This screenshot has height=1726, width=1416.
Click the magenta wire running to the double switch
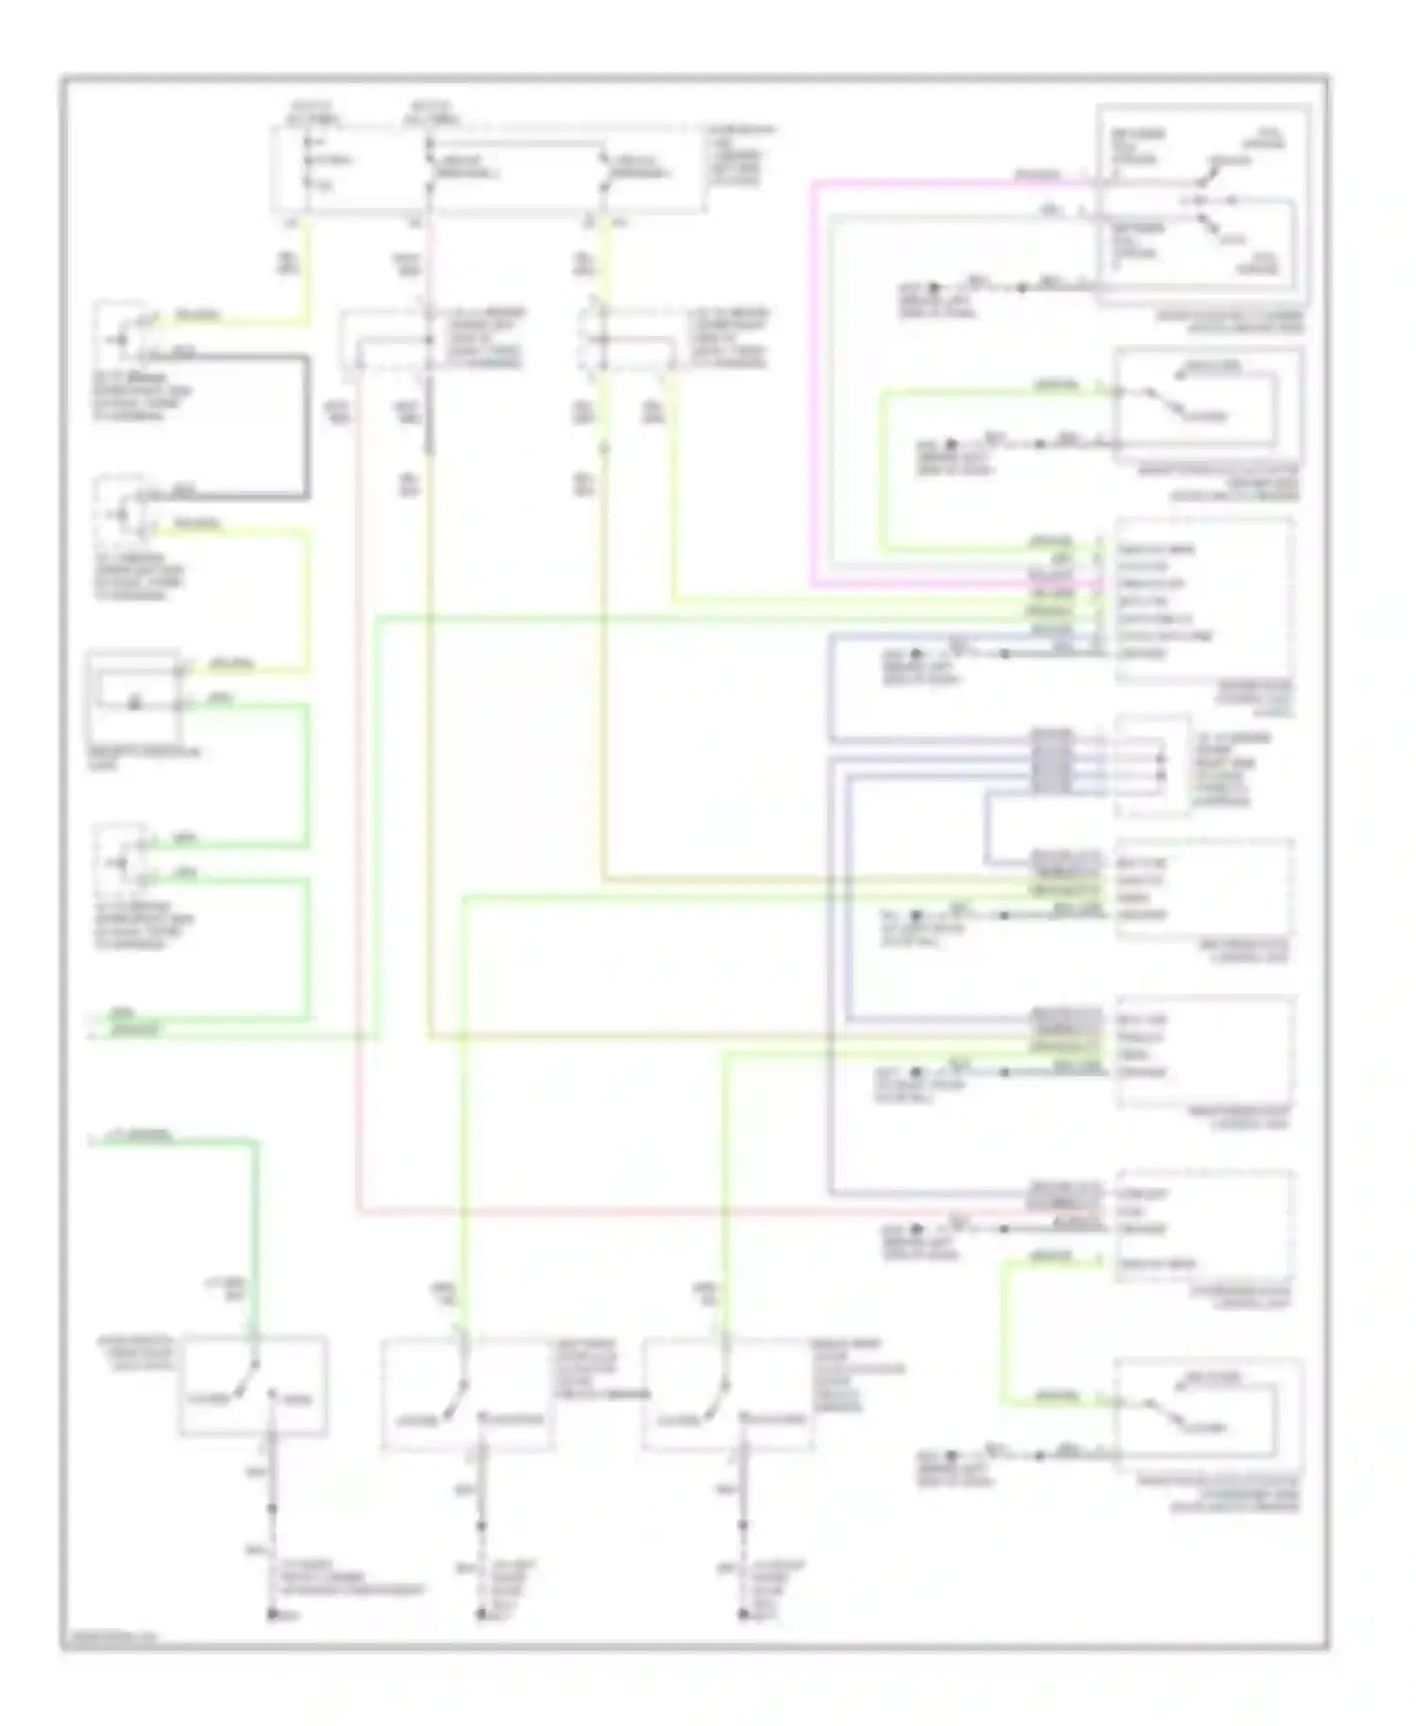click(x=814, y=378)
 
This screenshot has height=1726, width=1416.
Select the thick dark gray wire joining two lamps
click(x=306, y=425)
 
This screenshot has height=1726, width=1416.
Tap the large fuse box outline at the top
click(x=486, y=170)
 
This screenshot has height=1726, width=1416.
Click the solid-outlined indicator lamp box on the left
click(x=132, y=697)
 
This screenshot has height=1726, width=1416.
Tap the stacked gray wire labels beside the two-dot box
click(x=1051, y=760)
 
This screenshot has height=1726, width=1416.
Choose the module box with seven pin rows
click(x=1203, y=600)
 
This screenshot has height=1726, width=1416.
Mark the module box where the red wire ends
click(x=1203, y=1226)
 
